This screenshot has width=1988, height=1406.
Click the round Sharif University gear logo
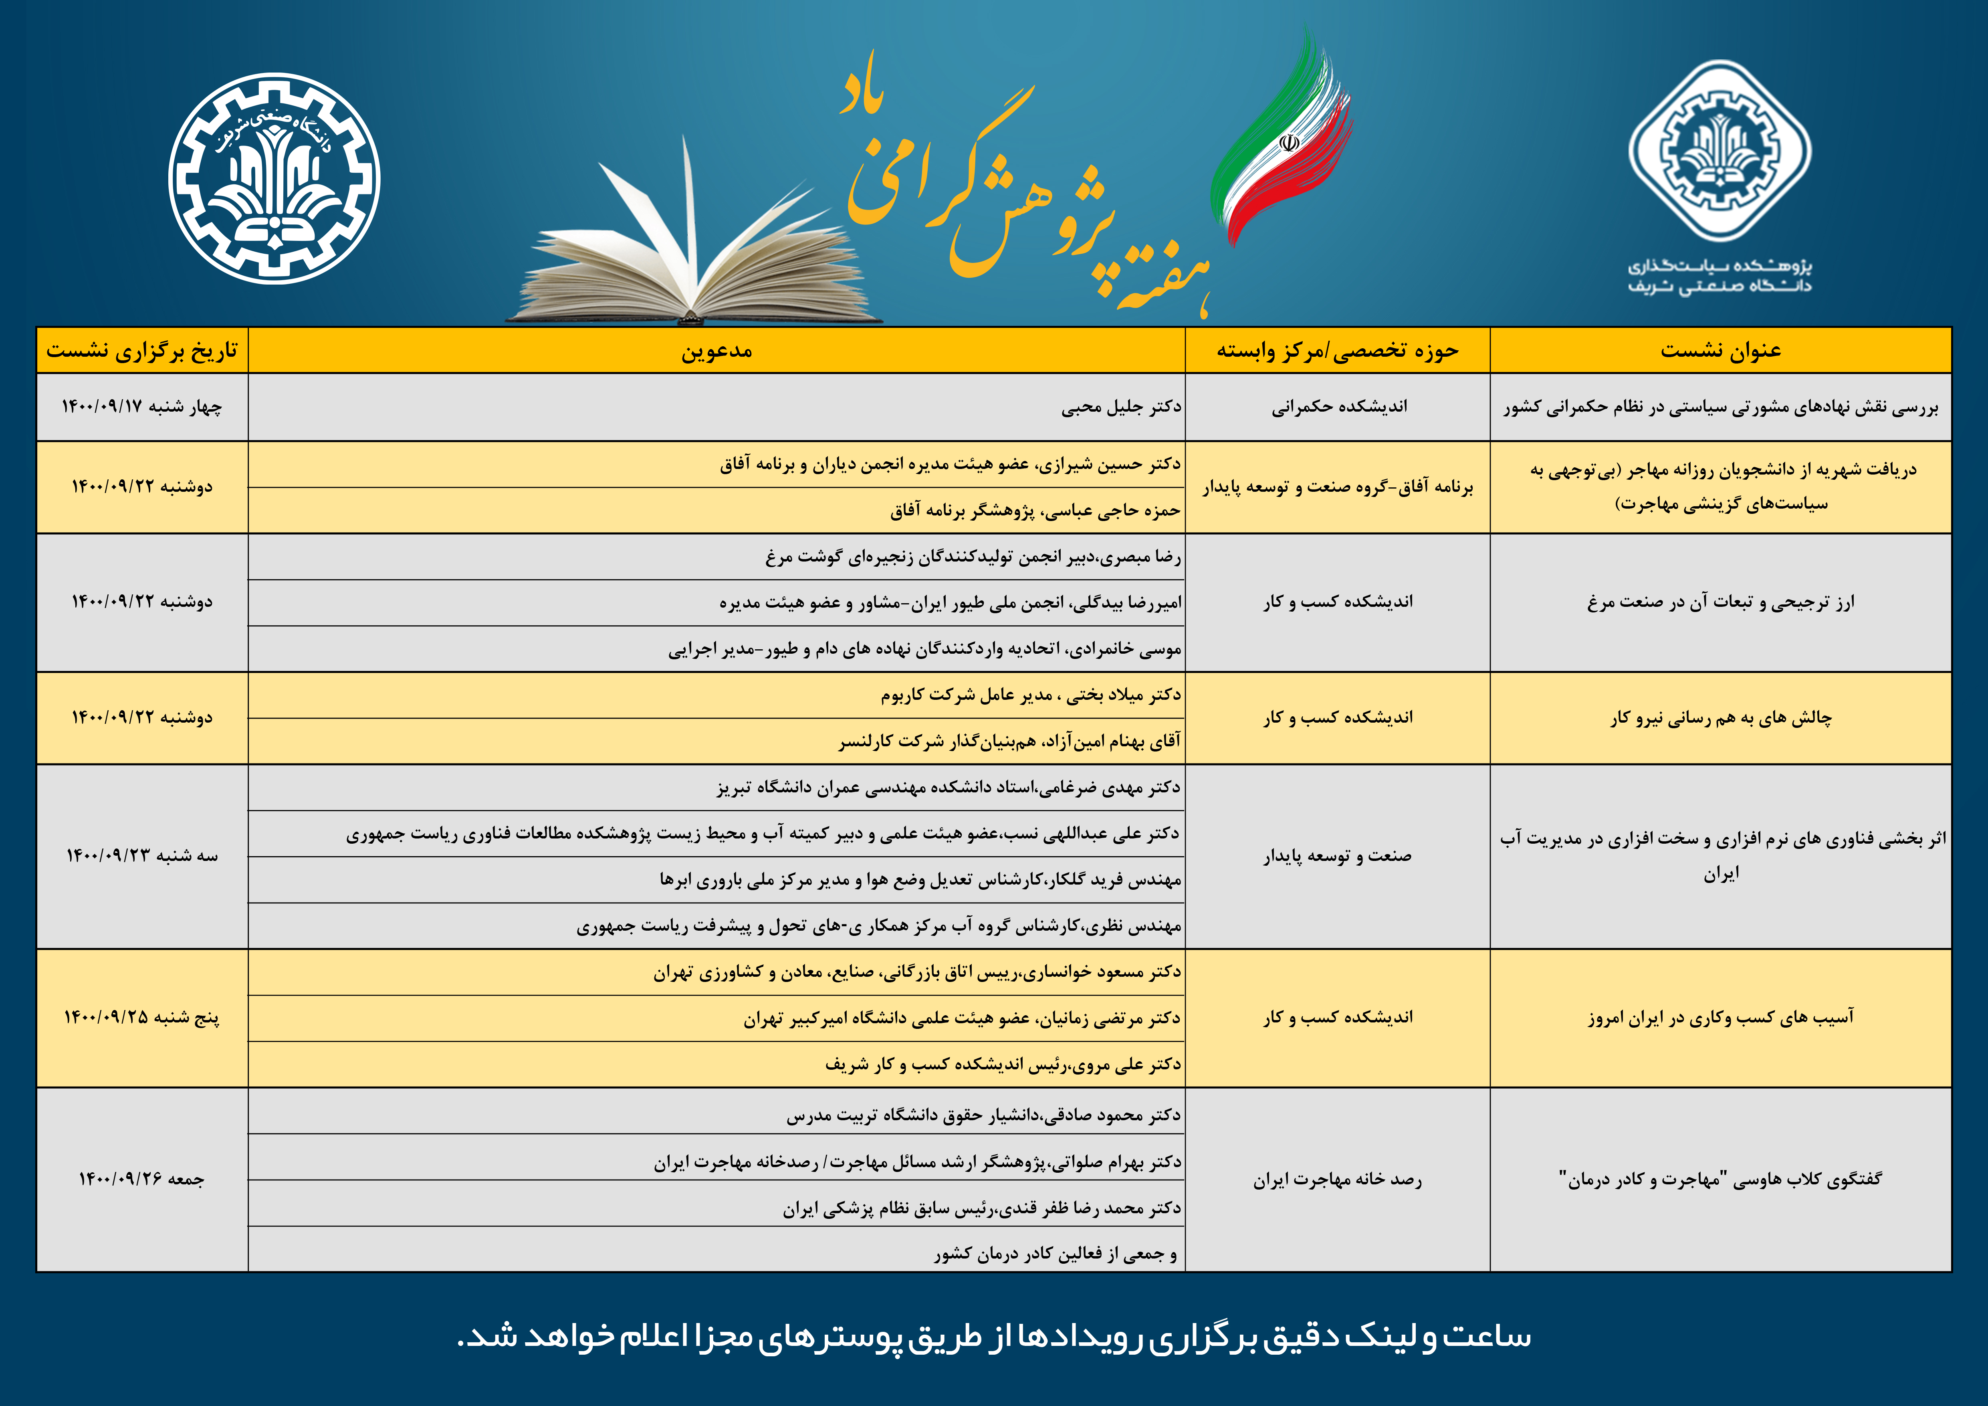coord(274,178)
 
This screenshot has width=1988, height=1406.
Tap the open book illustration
coord(693,260)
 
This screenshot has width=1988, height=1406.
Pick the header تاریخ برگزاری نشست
coord(142,351)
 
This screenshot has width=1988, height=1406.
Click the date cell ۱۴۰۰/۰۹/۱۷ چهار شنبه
coord(142,407)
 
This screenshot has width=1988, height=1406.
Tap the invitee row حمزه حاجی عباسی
coord(1035,511)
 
